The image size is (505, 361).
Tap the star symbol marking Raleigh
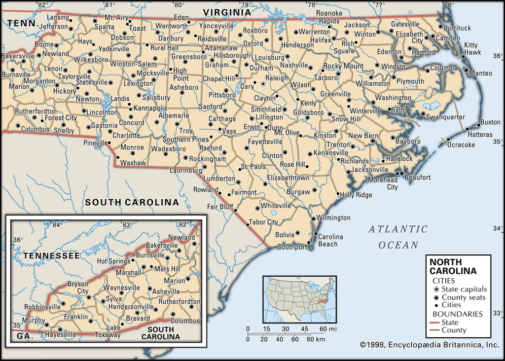coord(263,84)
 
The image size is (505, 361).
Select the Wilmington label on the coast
coord(334,217)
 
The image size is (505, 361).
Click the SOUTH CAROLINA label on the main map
coord(132,202)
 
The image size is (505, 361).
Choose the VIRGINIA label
coord(227,11)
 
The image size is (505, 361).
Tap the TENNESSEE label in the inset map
coord(51,255)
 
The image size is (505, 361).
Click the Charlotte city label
coord(126,135)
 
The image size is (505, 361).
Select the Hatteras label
coord(481,134)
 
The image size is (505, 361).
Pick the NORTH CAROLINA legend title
coord(453,266)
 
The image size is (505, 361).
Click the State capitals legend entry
coord(464,289)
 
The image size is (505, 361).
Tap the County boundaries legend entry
coord(454,330)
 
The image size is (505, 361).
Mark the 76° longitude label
coord(448,5)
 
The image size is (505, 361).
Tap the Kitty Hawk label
coord(472,48)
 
